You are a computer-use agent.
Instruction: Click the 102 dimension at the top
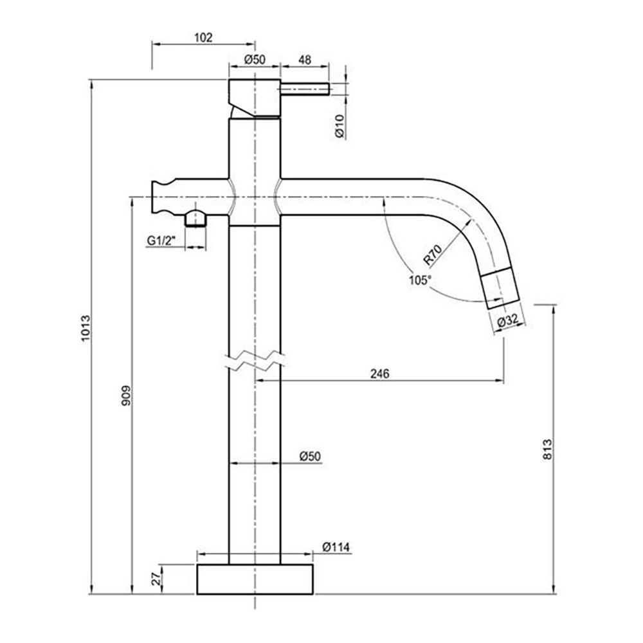203,38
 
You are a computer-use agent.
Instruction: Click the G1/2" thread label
161,240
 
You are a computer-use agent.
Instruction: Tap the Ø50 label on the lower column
310,457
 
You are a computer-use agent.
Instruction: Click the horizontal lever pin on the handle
305,89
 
